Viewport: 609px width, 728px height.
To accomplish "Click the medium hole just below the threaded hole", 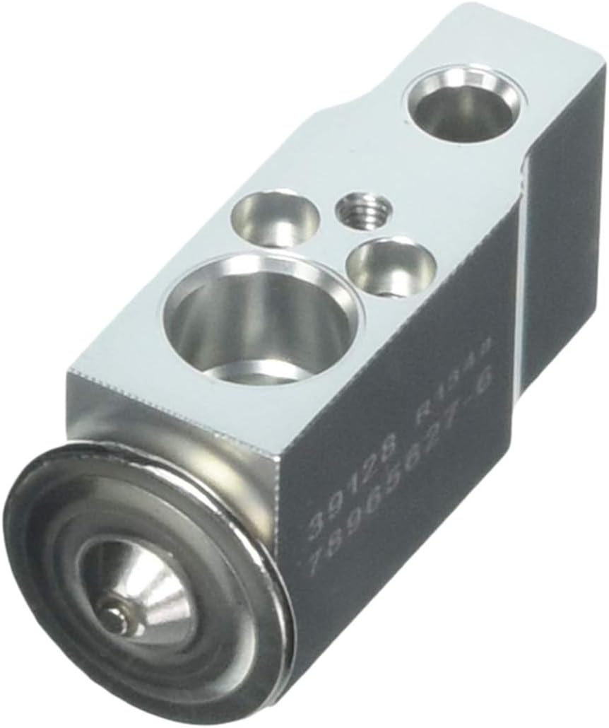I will (x=390, y=266).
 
